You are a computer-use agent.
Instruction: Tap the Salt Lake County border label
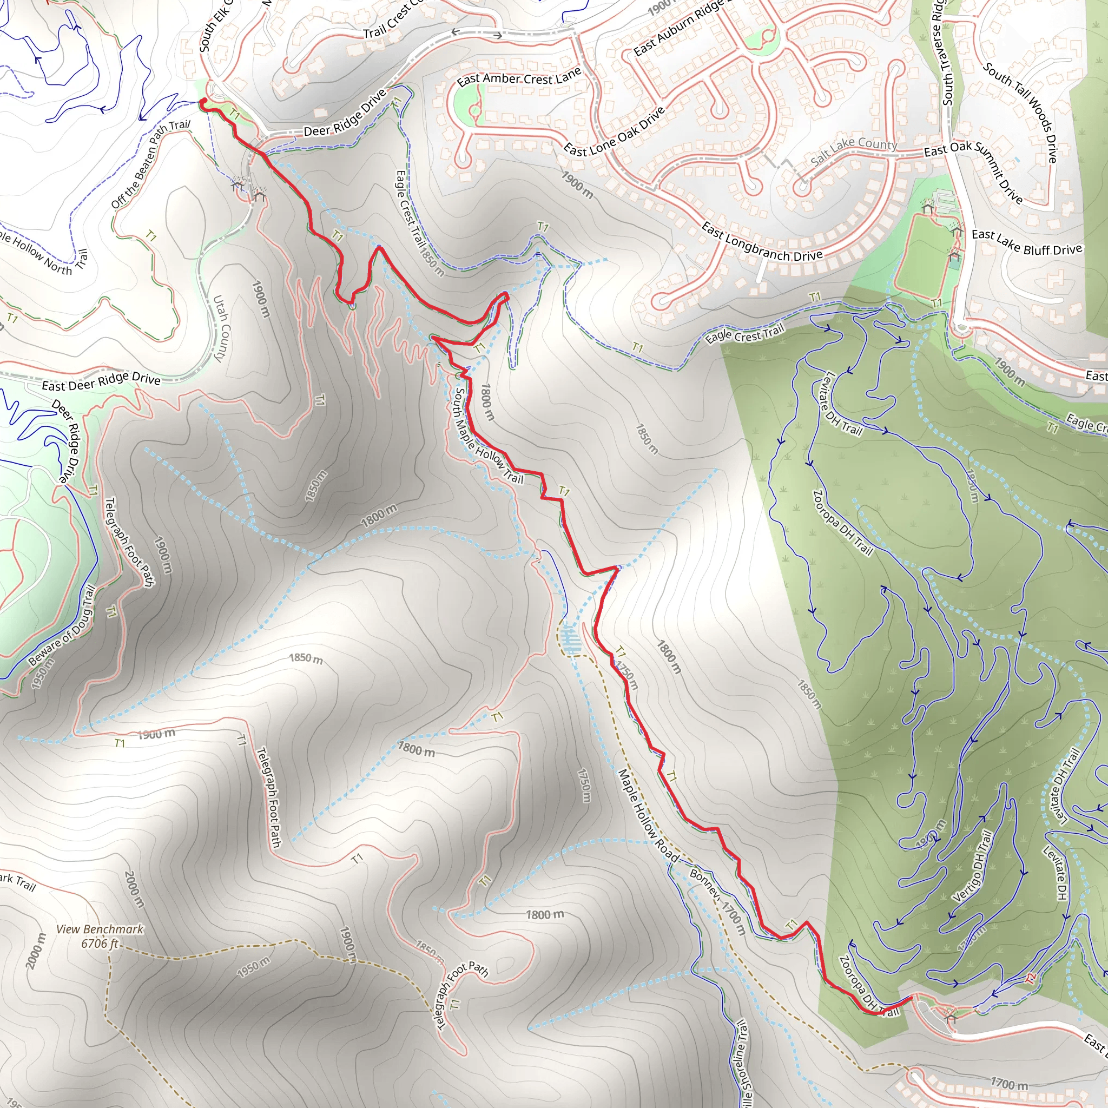click(x=854, y=150)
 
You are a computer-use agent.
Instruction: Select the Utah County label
click(x=221, y=328)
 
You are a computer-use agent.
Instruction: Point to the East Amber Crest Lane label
click(x=519, y=78)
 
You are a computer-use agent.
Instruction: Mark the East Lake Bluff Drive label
click(x=1026, y=242)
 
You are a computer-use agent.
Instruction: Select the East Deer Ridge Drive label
click(x=101, y=381)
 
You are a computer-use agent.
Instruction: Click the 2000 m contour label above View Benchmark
click(x=133, y=889)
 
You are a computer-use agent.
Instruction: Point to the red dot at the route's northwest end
click(x=202, y=102)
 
